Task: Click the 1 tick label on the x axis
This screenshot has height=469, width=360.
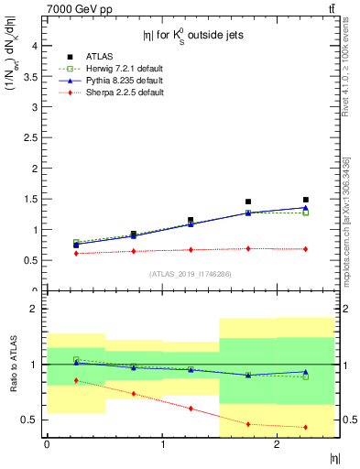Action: (162, 444)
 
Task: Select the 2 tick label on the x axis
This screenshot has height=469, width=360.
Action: (277, 444)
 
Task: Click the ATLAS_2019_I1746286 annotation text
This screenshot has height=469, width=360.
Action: (190, 274)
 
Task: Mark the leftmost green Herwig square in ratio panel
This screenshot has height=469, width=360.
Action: (76, 359)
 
